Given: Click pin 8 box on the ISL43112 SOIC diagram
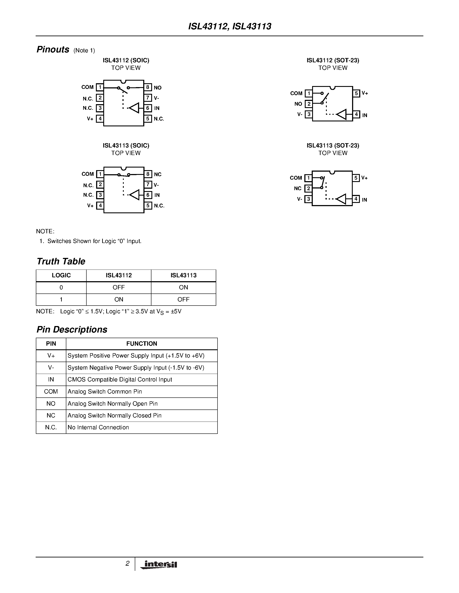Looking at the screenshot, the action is pyautogui.click(x=148, y=87).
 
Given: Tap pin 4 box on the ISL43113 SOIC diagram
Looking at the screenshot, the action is pyautogui.click(x=100, y=206).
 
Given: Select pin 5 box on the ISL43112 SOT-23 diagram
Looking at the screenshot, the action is pyautogui.click(x=356, y=93).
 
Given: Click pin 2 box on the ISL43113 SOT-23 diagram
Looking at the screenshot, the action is pyautogui.click(x=308, y=188).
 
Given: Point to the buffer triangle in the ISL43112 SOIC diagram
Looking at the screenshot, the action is pyautogui.click(x=134, y=108).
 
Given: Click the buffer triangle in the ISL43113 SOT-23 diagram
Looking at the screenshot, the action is pyautogui.click(x=341, y=199).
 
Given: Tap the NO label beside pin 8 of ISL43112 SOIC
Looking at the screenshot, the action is pyautogui.click(x=158, y=88).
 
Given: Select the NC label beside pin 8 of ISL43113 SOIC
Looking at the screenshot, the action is pyautogui.click(x=158, y=174).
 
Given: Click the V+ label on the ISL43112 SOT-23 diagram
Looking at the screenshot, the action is pyautogui.click(x=365, y=93).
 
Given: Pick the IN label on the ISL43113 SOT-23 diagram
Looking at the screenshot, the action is pyautogui.click(x=364, y=200).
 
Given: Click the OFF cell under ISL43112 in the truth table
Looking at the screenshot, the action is pyautogui.click(x=119, y=287).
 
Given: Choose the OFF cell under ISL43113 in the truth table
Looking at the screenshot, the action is pyautogui.click(x=183, y=300).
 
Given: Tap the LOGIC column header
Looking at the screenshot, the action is pyautogui.click(x=61, y=275).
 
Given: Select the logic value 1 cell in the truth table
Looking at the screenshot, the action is pyautogui.click(x=61, y=300).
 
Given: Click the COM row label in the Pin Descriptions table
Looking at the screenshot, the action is pyautogui.click(x=51, y=392).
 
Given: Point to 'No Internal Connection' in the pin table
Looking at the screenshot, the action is pyautogui.click(x=98, y=427).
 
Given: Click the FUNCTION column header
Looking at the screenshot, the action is pyautogui.click(x=142, y=344).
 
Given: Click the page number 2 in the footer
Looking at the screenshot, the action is pyautogui.click(x=127, y=564).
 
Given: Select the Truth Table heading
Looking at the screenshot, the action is pyautogui.click(x=61, y=261).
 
